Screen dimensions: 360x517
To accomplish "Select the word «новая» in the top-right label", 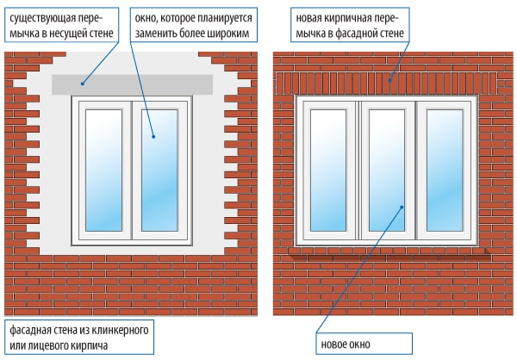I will point(310,16).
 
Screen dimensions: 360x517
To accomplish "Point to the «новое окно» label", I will point(345,344).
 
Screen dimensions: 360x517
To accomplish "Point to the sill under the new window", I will point(388,246).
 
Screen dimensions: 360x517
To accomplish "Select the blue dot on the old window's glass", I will point(153,136).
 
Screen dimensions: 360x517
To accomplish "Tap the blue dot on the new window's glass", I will point(403,207).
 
